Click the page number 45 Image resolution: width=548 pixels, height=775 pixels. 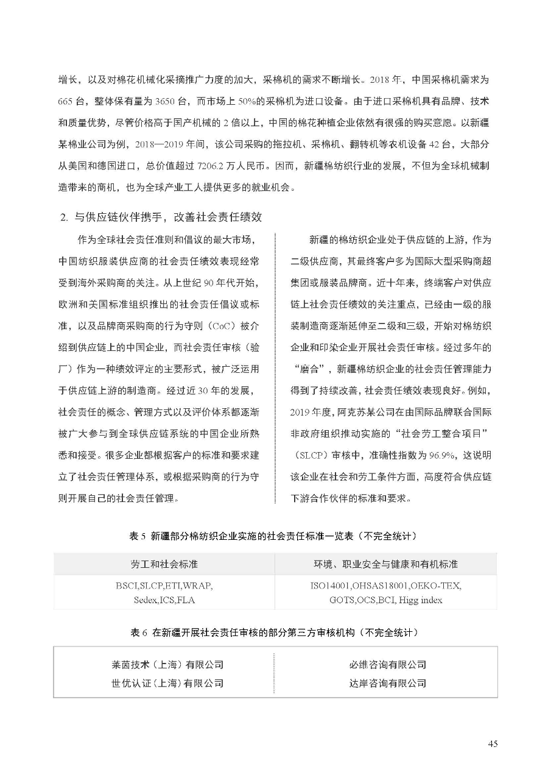tap(493, 743)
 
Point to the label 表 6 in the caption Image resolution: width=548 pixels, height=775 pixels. tap(140, 633)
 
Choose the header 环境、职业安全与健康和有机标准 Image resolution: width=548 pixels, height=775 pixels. tap(385, 564)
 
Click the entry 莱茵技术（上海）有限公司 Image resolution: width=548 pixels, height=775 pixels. tap(163, 665)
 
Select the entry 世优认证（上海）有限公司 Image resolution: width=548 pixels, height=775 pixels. tap(163, 683)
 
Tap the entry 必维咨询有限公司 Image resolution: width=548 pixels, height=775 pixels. tap(387, 665)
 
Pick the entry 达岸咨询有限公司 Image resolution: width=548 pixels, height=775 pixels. tap(387, 683)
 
